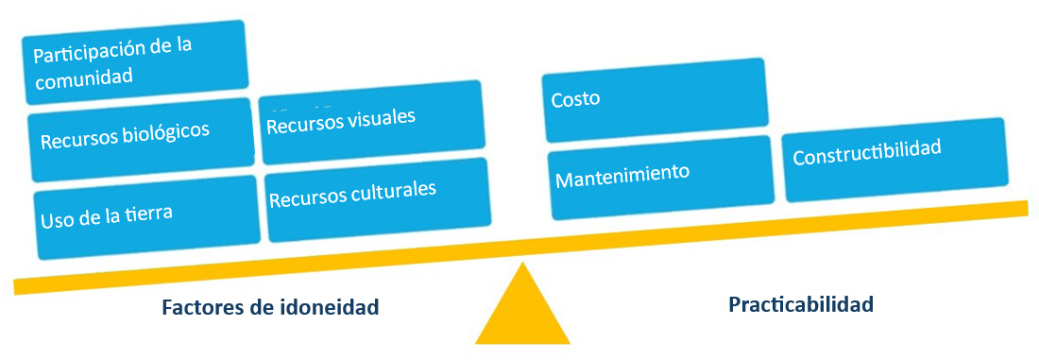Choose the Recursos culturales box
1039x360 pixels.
point(378,199)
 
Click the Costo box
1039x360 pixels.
point(654,98)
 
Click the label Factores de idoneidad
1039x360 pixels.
point(270,307)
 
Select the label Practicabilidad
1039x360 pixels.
point(801,304)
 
